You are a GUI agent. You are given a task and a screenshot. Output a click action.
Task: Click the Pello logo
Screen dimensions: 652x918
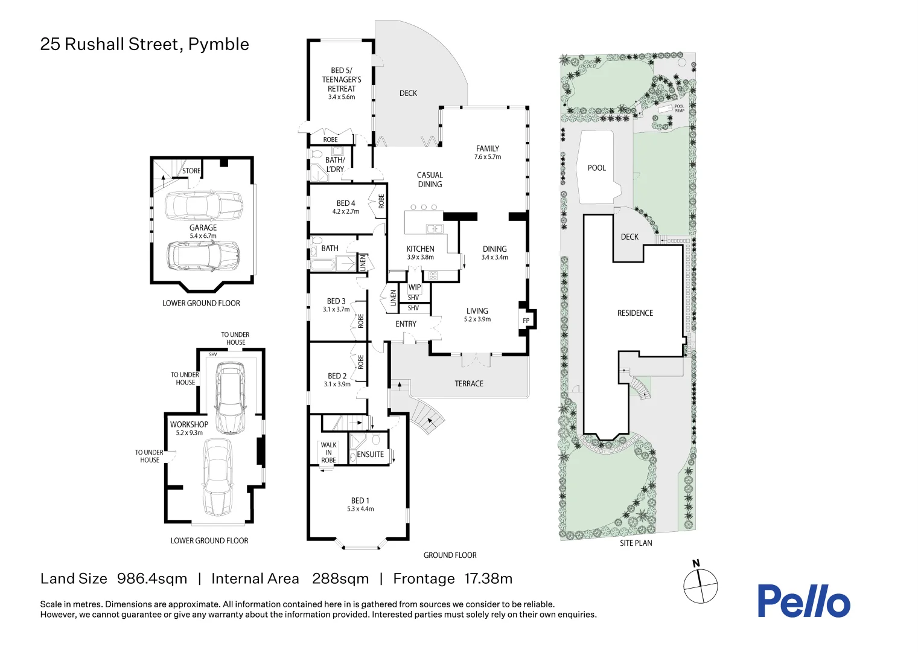803,601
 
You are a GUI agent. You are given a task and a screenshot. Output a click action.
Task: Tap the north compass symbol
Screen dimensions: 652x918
700,584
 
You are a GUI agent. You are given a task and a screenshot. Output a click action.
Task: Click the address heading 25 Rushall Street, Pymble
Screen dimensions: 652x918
144,44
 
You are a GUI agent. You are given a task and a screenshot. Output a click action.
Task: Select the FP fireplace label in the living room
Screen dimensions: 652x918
526,321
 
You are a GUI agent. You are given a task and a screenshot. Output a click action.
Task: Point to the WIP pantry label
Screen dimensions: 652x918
414,287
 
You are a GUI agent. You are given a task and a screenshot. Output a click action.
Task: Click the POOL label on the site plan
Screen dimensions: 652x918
596,168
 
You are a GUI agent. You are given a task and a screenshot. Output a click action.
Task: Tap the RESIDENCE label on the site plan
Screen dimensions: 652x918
635,313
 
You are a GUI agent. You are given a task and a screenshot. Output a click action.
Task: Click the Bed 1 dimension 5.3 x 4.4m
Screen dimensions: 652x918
360,509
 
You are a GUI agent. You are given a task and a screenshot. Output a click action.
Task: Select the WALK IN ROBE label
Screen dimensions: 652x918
328,453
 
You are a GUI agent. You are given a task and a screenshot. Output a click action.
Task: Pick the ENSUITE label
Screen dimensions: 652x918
370,455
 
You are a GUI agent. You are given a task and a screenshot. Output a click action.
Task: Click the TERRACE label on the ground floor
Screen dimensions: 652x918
469,383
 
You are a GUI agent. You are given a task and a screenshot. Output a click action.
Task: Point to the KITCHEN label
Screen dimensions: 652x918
420,249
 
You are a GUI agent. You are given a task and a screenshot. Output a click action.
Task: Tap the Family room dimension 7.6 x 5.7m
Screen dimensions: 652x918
488,157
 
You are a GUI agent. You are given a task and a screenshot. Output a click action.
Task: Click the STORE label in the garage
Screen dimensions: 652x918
191,171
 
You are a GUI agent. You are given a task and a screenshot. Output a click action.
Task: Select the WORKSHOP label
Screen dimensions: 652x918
189,424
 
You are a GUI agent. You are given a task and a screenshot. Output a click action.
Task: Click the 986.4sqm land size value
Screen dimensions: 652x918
152,578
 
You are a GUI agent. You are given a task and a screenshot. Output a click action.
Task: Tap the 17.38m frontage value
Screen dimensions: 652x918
488,578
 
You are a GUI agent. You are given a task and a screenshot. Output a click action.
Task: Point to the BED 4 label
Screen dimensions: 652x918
346,203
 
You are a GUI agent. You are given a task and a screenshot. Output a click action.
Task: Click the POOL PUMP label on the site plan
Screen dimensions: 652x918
680,109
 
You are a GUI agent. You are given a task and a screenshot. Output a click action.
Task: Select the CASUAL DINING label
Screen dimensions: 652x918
430,179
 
